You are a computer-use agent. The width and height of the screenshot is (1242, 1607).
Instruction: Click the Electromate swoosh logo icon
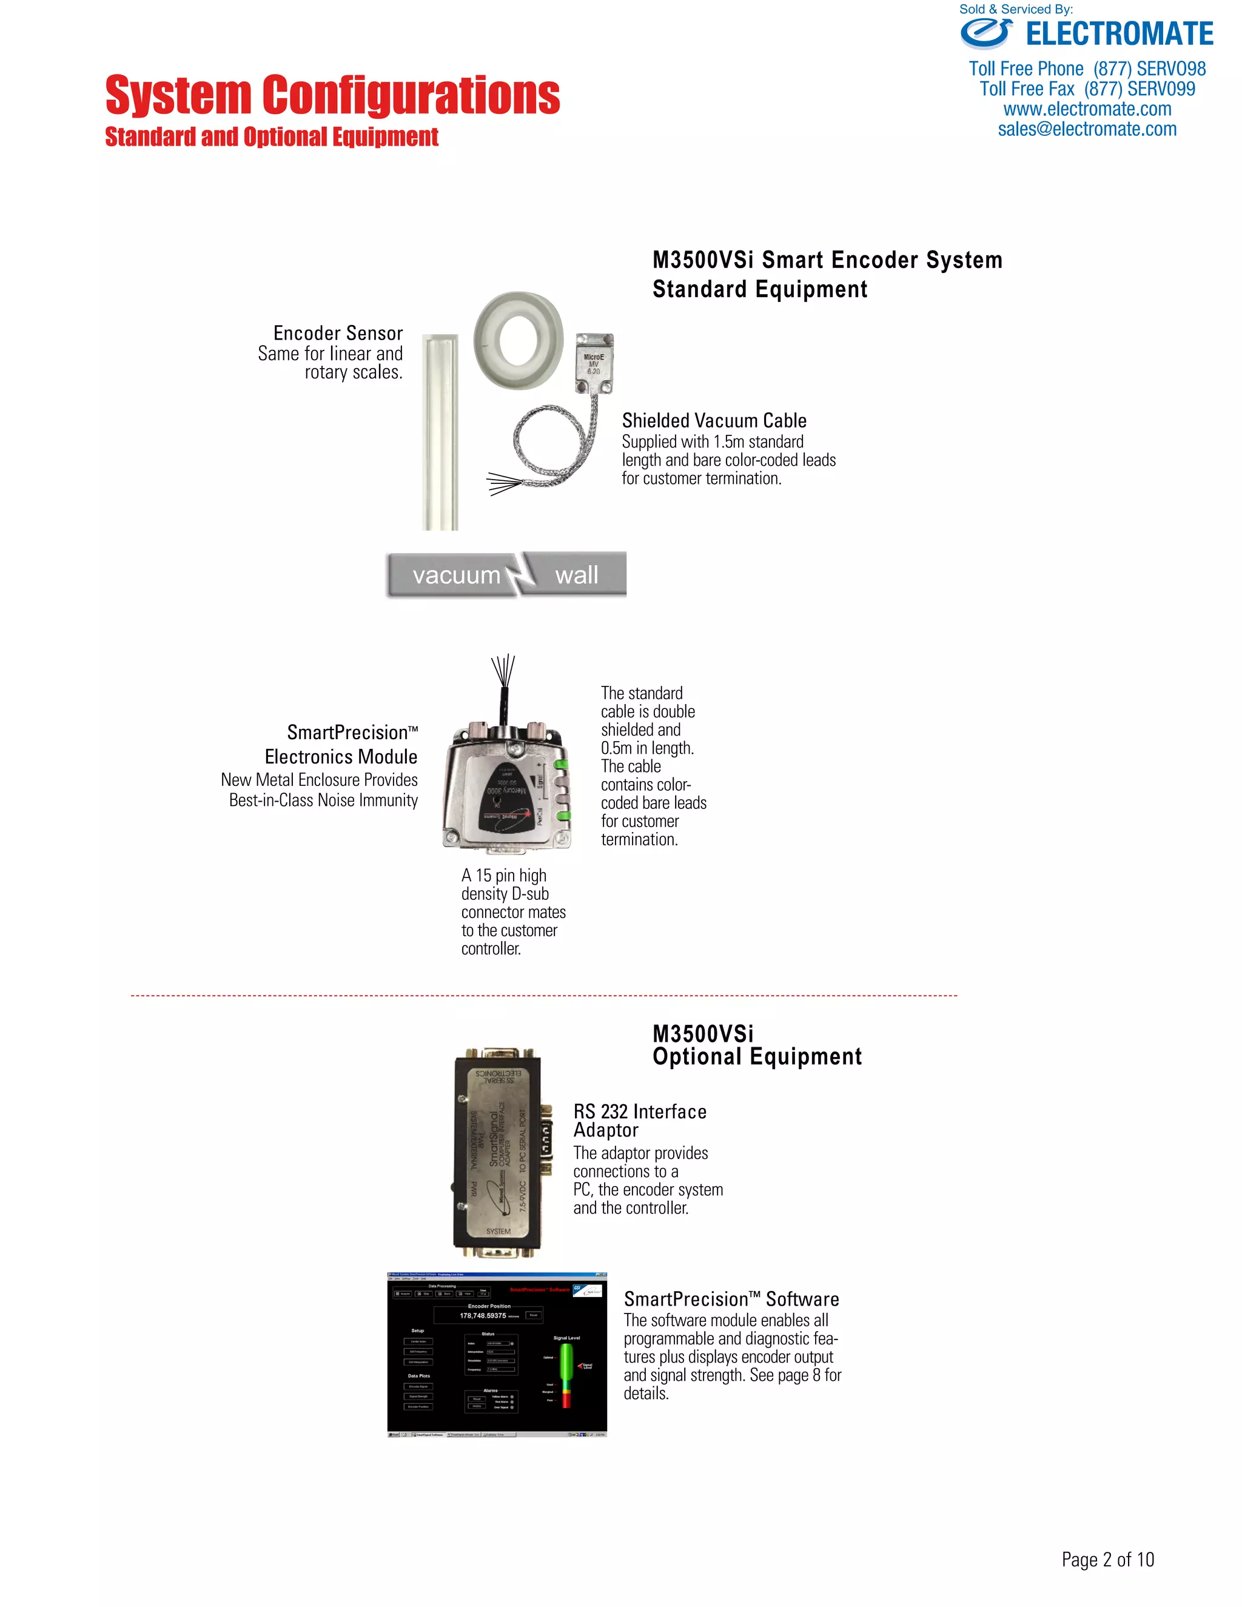985,34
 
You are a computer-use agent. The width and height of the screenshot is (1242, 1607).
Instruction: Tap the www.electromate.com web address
1087,110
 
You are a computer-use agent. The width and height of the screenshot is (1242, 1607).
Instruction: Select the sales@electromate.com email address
1087,130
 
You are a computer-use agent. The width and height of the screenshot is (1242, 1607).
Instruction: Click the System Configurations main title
332,95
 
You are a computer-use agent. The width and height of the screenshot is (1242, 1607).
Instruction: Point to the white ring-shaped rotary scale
518,340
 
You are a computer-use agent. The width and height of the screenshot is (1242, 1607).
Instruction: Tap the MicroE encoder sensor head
593,363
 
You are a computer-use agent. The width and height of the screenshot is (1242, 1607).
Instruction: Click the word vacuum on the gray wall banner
456,575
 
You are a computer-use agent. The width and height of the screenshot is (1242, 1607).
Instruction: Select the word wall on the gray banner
576,575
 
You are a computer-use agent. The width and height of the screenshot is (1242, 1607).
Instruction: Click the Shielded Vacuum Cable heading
714,421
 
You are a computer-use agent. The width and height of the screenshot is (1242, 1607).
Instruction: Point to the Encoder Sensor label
338,334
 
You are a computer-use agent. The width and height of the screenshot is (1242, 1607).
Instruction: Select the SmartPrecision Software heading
731,1300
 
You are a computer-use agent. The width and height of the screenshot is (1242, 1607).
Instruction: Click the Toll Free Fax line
1087,89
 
